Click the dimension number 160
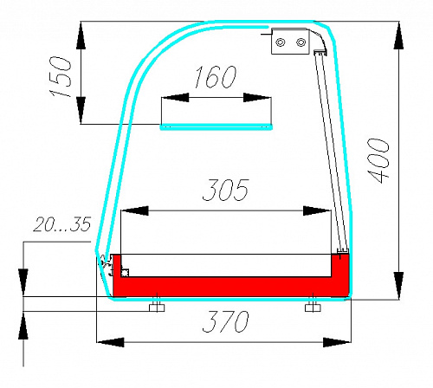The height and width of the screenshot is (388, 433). click(x=216, y=77)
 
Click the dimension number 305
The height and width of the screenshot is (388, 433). click(x=225, y=190)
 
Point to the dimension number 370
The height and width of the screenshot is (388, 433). click(x=225, y=321)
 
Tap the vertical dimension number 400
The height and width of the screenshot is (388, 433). click(x=378, y=160)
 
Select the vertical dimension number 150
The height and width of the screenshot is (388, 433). click(x=61, y=77)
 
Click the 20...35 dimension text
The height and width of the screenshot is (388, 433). click(x=62, y=224)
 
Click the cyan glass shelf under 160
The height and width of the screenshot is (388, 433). click(x=216, y=127)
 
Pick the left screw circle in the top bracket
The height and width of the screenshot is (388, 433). click(x=281, y=42)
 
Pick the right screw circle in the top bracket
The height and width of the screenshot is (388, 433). click(x=301, y=42)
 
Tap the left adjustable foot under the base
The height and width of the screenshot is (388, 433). click(x=157, y=307)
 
